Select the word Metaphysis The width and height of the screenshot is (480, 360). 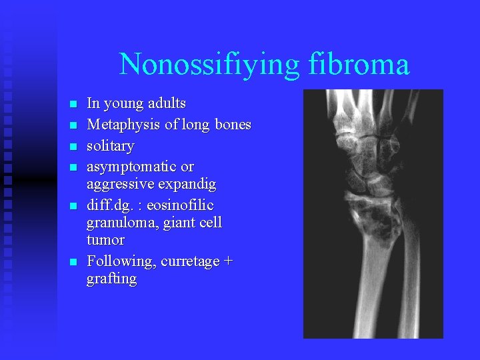119,125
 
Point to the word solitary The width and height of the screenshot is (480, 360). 110,146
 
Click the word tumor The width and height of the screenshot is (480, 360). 105,239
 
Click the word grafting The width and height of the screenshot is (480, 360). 111,279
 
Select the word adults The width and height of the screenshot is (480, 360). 167,104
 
